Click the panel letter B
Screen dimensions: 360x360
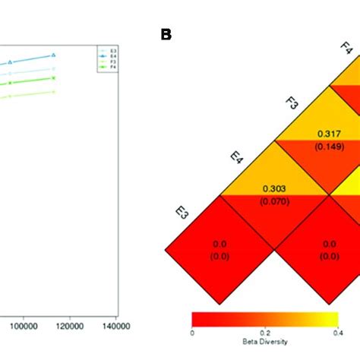pos(166,35)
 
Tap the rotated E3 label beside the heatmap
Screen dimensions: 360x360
pos(182,213)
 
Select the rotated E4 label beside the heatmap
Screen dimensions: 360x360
pos(237,158)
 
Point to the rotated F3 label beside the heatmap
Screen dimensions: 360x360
pos(292,104)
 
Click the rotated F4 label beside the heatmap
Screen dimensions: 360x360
pos(346,50)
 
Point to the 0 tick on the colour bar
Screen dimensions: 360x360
pos(192,332)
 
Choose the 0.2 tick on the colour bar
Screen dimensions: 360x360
pos(264,332)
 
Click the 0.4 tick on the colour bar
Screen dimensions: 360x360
pos(336,332)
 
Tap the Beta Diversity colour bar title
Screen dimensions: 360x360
pos(264,341)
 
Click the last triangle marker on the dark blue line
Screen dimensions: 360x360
pos(54,55)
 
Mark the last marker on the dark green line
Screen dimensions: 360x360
pos(54,77)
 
